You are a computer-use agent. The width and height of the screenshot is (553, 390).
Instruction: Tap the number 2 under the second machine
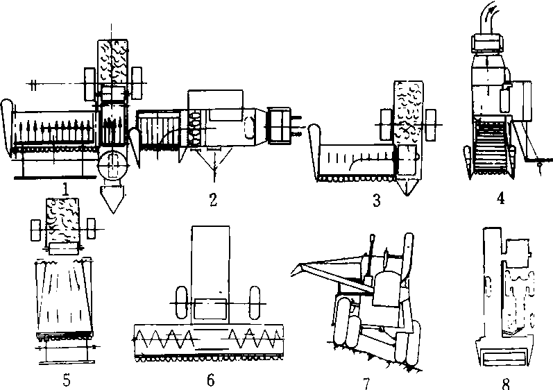[213, 199]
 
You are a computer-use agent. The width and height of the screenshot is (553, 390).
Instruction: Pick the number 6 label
[210, 380]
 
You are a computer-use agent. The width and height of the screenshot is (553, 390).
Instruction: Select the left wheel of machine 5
[36, 228]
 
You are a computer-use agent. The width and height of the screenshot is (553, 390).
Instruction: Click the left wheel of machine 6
[180, 304]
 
